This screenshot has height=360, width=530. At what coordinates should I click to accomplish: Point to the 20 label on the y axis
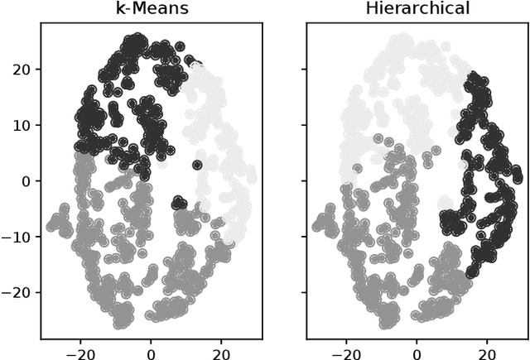pyautogui.click(x=20, y=70)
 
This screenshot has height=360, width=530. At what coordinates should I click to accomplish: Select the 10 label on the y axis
pyautogui.click(x=20, y=125)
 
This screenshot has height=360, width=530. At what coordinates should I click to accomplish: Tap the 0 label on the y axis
pyautogui.click(x=25, y=180)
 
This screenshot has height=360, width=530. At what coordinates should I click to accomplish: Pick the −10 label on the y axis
pyautogui.click(x=16, y=236)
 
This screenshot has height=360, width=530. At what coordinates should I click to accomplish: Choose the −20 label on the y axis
pyautogui.click(x=16, y=291)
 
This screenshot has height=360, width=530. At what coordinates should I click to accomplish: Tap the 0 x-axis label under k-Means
pyautogui.click(x=151, y=350)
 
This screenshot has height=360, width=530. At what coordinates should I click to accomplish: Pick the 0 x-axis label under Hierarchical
pyautogui.click(x=417, y=350)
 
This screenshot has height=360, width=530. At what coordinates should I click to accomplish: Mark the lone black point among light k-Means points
pyautogui.click(x=197, y=165)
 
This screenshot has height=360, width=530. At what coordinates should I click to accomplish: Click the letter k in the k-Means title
pyautogui.click(x=118, y=9)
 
